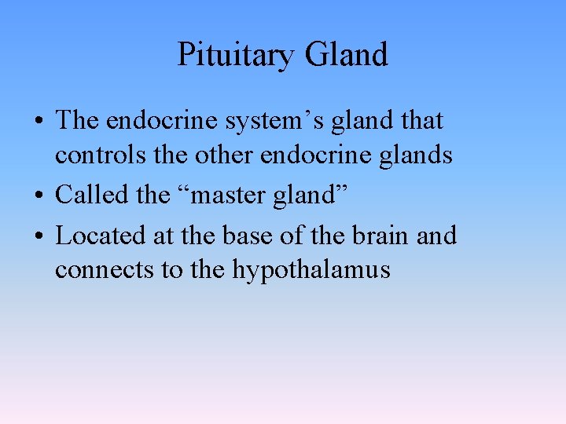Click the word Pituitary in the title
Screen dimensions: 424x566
(235, 55)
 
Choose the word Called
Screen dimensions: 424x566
(93, 194)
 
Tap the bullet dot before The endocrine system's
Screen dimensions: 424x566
(38, 122)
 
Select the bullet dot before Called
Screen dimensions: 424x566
(38, 195)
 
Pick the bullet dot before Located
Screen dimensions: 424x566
(38, 236)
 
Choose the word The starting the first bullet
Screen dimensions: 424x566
(77, 121)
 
